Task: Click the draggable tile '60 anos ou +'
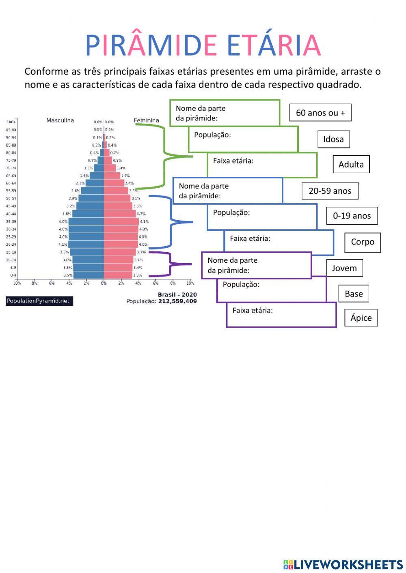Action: click(x=320, y=113)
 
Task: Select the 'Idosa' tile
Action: click(x=333, y=139)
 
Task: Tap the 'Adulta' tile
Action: click(x=351, y=164)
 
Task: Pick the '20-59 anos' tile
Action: click(x=330, y=191)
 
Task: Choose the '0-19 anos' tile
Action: click(x=352, y=216)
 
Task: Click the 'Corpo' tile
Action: click(x=363, y=242)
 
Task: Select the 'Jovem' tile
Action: click(x=344, y=268)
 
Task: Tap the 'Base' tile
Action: click(x=354, y=294)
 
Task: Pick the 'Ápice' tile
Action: click(x=361, y=318)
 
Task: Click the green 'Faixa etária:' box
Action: click(x=262, y=165)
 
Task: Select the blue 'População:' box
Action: click(x=262, y=217)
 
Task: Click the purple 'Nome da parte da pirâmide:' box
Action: click(x=256, y=265)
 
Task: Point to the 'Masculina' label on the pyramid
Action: click(x=60, y=120)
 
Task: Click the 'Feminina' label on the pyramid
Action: click(x=146, y=120)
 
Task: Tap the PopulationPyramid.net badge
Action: click(x=39, y=301)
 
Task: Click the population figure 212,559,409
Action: click(x=177, y=301)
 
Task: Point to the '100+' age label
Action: click(x=11, y=122)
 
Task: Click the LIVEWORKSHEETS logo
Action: click(x=343, y=564)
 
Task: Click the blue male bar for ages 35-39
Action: click(x=86, y=221)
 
